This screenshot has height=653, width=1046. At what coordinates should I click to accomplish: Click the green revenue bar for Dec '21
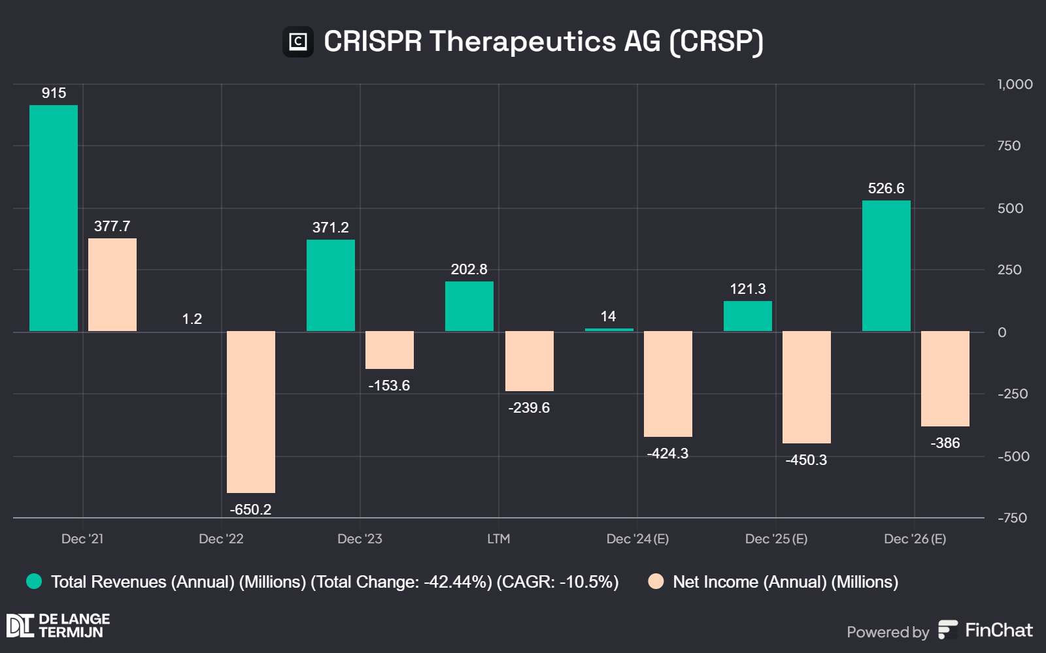click(54, 218)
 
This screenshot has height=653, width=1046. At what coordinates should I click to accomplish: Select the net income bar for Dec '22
click(251, 411)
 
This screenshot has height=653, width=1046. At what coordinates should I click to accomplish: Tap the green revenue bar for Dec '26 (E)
click(886, 266)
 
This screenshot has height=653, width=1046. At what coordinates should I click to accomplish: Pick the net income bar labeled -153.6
click(390, 350)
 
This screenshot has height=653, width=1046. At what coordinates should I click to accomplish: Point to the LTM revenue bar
click(469, 306)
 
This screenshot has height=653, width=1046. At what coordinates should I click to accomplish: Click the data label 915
click(54, 93)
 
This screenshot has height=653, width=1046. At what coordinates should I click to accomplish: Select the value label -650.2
click(250, 509)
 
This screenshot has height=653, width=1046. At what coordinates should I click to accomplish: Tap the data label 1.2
click(192, 319)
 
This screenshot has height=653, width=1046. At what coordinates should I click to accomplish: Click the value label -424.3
click(667, 453)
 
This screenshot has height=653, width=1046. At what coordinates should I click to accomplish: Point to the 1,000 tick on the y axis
click(1015, 84)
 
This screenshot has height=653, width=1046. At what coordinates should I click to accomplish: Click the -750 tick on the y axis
click(1012, 518)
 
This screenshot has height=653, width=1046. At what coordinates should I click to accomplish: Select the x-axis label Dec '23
click(360, 539)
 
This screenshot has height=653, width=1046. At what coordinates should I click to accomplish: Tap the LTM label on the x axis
click(498, 539)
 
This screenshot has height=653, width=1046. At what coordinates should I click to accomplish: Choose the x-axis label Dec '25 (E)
click(776, 539)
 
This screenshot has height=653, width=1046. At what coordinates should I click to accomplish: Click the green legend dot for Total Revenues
click(34, 581)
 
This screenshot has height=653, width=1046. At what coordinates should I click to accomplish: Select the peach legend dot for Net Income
click(656, 581)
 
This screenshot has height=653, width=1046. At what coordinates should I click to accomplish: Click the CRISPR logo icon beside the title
click(298, 42)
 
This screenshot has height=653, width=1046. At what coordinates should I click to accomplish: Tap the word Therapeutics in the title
click(522, 41)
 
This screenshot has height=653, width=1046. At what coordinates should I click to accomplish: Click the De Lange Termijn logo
click(58, 626)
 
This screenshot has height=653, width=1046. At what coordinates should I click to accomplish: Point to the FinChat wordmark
click(998, 630)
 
